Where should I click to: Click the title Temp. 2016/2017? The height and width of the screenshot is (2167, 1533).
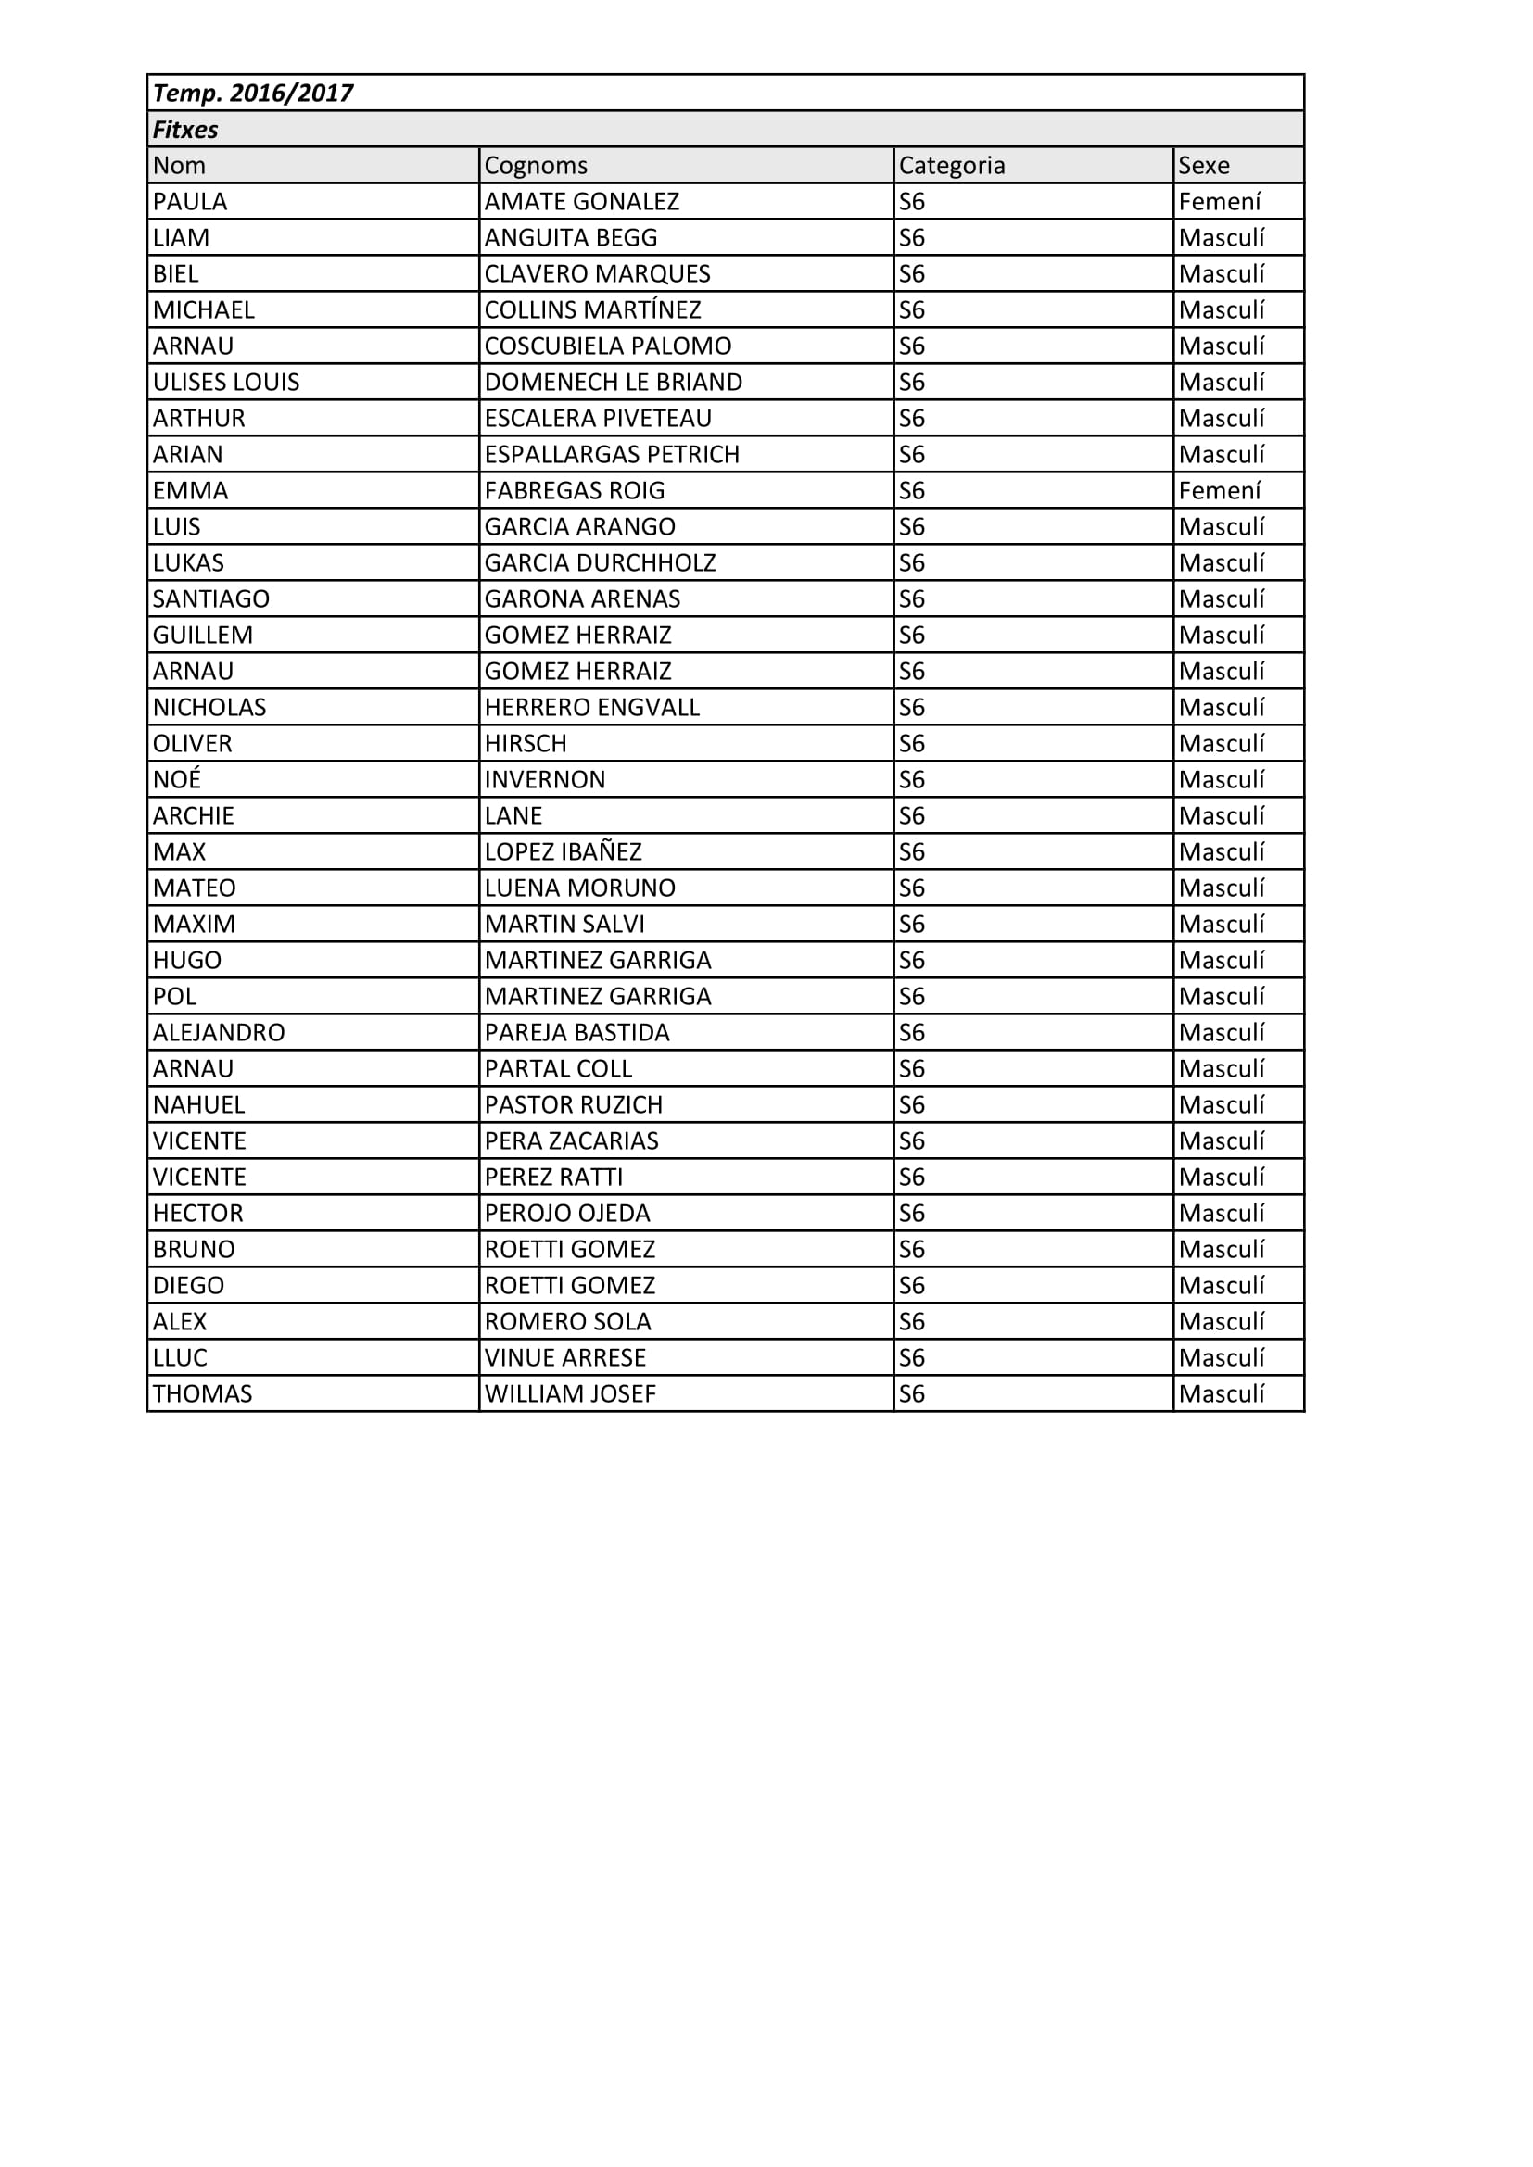pyautogui.click(x=253, y=94)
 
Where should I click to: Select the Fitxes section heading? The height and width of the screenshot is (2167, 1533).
pyautogui.click(x=186, y=130)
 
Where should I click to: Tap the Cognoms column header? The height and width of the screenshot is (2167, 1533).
pyautogui.click(x=535, y=166)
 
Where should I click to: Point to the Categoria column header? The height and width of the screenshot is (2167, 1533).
pyautogui.click(x=952, y=166)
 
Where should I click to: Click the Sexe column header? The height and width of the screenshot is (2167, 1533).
pyautogui.click(x=1204, y=166)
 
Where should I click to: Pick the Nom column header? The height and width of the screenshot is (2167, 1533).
pyautogui.click(x=180, y=166)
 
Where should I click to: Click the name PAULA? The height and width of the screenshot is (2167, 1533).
pyautogui.click(x=190, y=202)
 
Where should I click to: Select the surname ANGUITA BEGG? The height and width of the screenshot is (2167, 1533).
pyautogui.click(x=570, y=238)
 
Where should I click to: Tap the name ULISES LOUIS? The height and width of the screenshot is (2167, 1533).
pyautogui.click(x=225, y=383)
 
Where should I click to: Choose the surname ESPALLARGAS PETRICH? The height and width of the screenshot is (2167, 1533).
pyautogui.click(x=612, y=455)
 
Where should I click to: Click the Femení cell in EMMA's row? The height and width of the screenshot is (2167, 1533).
pyautogui.click(x=1220, y=491)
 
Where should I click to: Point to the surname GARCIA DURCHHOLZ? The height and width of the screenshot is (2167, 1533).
pyautogui.click(x=600, y=563)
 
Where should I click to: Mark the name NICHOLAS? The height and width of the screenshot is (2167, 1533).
pyautogui.click(x=209, y=708)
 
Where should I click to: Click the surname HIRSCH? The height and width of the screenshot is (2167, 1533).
pyautogui.click(x=526, y=744)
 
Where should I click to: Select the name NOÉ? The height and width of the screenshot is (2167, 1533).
pyautogui.click(x=177, y=779)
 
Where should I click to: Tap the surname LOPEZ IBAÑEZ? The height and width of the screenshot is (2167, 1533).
pyautogui.click(x=563, y=852)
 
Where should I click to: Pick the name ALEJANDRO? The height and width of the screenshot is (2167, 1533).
pyautogui.click(x=219, y=1032)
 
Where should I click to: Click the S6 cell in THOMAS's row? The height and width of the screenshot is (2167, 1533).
pyautogui.click(x=912, y=1394)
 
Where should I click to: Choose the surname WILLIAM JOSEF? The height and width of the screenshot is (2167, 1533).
pyautogui.click(x=569, y=1394)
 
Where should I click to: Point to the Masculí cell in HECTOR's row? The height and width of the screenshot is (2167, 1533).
pyautogui.click(x=1221, y=1214)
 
